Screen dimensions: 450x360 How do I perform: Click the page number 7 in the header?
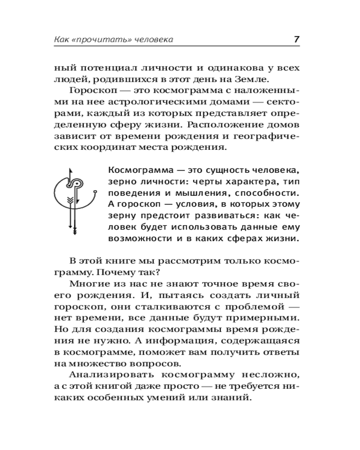(297, 39)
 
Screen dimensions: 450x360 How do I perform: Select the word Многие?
(90, 285)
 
